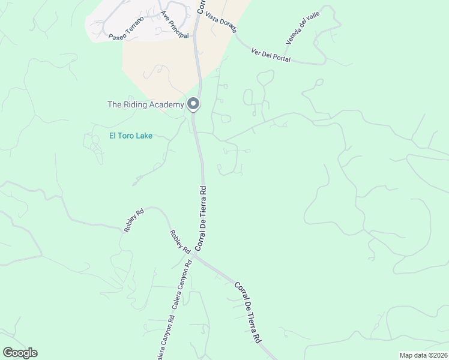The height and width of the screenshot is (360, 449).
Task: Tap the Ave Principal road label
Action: click(x=174, y=25)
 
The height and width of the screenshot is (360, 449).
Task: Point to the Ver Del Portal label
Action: click(x=271, y=55)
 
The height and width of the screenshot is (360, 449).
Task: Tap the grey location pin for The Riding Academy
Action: click(x=193, y=104)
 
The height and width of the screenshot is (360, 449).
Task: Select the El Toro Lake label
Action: click(x=130, y=136)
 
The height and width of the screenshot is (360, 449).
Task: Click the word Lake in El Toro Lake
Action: click(x=144, y=136)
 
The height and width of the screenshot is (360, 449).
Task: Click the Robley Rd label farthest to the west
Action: click(x=134, y=220)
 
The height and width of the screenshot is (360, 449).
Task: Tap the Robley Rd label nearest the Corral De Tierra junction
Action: click(x=179, y=241)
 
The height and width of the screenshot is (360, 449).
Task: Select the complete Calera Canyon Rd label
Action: click(x=182, y=284)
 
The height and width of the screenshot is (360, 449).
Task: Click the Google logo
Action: click(x=20, y=353)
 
